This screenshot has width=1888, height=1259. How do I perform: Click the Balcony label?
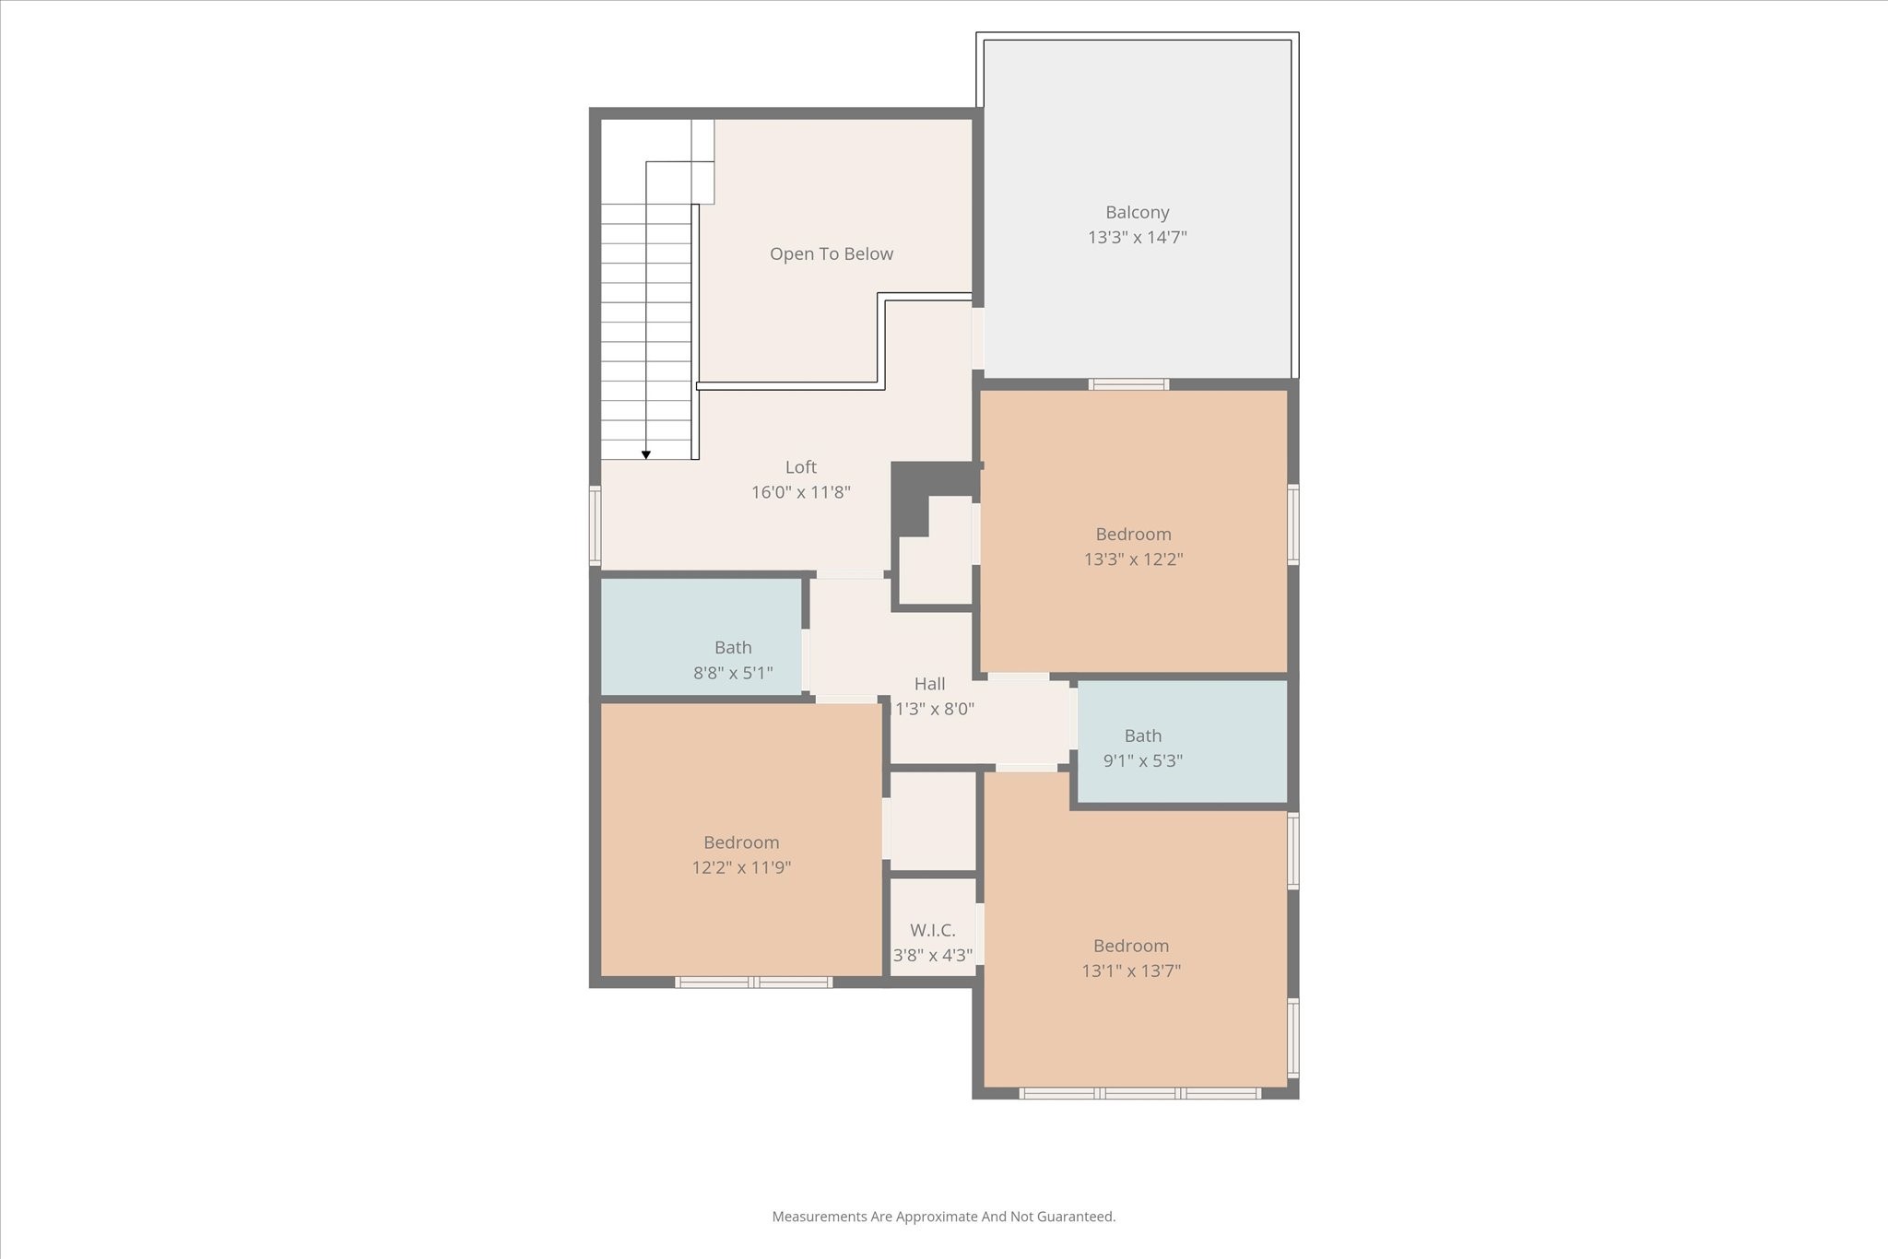[1137, 213]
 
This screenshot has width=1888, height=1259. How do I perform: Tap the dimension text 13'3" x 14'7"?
[1137, 238]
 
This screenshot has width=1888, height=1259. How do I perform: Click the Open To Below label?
[831, 254]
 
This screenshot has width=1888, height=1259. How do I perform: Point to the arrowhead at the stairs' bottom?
[646, 454]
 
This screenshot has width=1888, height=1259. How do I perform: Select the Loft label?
[800, 467]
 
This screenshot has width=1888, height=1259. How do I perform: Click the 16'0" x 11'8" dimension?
[800, 492]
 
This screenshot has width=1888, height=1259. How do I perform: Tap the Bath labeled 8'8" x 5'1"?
[733, 648]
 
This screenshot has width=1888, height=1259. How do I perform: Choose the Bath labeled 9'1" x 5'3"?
[1142, 736]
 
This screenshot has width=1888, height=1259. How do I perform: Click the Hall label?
[929, 684]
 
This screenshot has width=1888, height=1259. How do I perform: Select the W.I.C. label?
[932, 930]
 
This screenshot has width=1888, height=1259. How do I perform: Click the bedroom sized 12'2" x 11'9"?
[741, 842]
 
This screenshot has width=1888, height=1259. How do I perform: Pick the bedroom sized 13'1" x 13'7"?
[1130, 946]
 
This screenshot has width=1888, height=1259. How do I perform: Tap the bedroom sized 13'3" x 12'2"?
[1133, 535]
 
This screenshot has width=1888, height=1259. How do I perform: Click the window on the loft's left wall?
[595, 525]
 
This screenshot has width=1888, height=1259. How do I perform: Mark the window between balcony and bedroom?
[1128, 384]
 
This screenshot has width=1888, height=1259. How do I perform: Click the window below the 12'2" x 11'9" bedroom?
[754, 982]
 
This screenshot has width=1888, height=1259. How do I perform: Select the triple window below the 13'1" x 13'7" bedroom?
[1139, 1094]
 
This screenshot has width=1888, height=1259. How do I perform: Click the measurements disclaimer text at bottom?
[943, 1217]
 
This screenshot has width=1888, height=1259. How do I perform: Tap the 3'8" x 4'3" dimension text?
[933, 956]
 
